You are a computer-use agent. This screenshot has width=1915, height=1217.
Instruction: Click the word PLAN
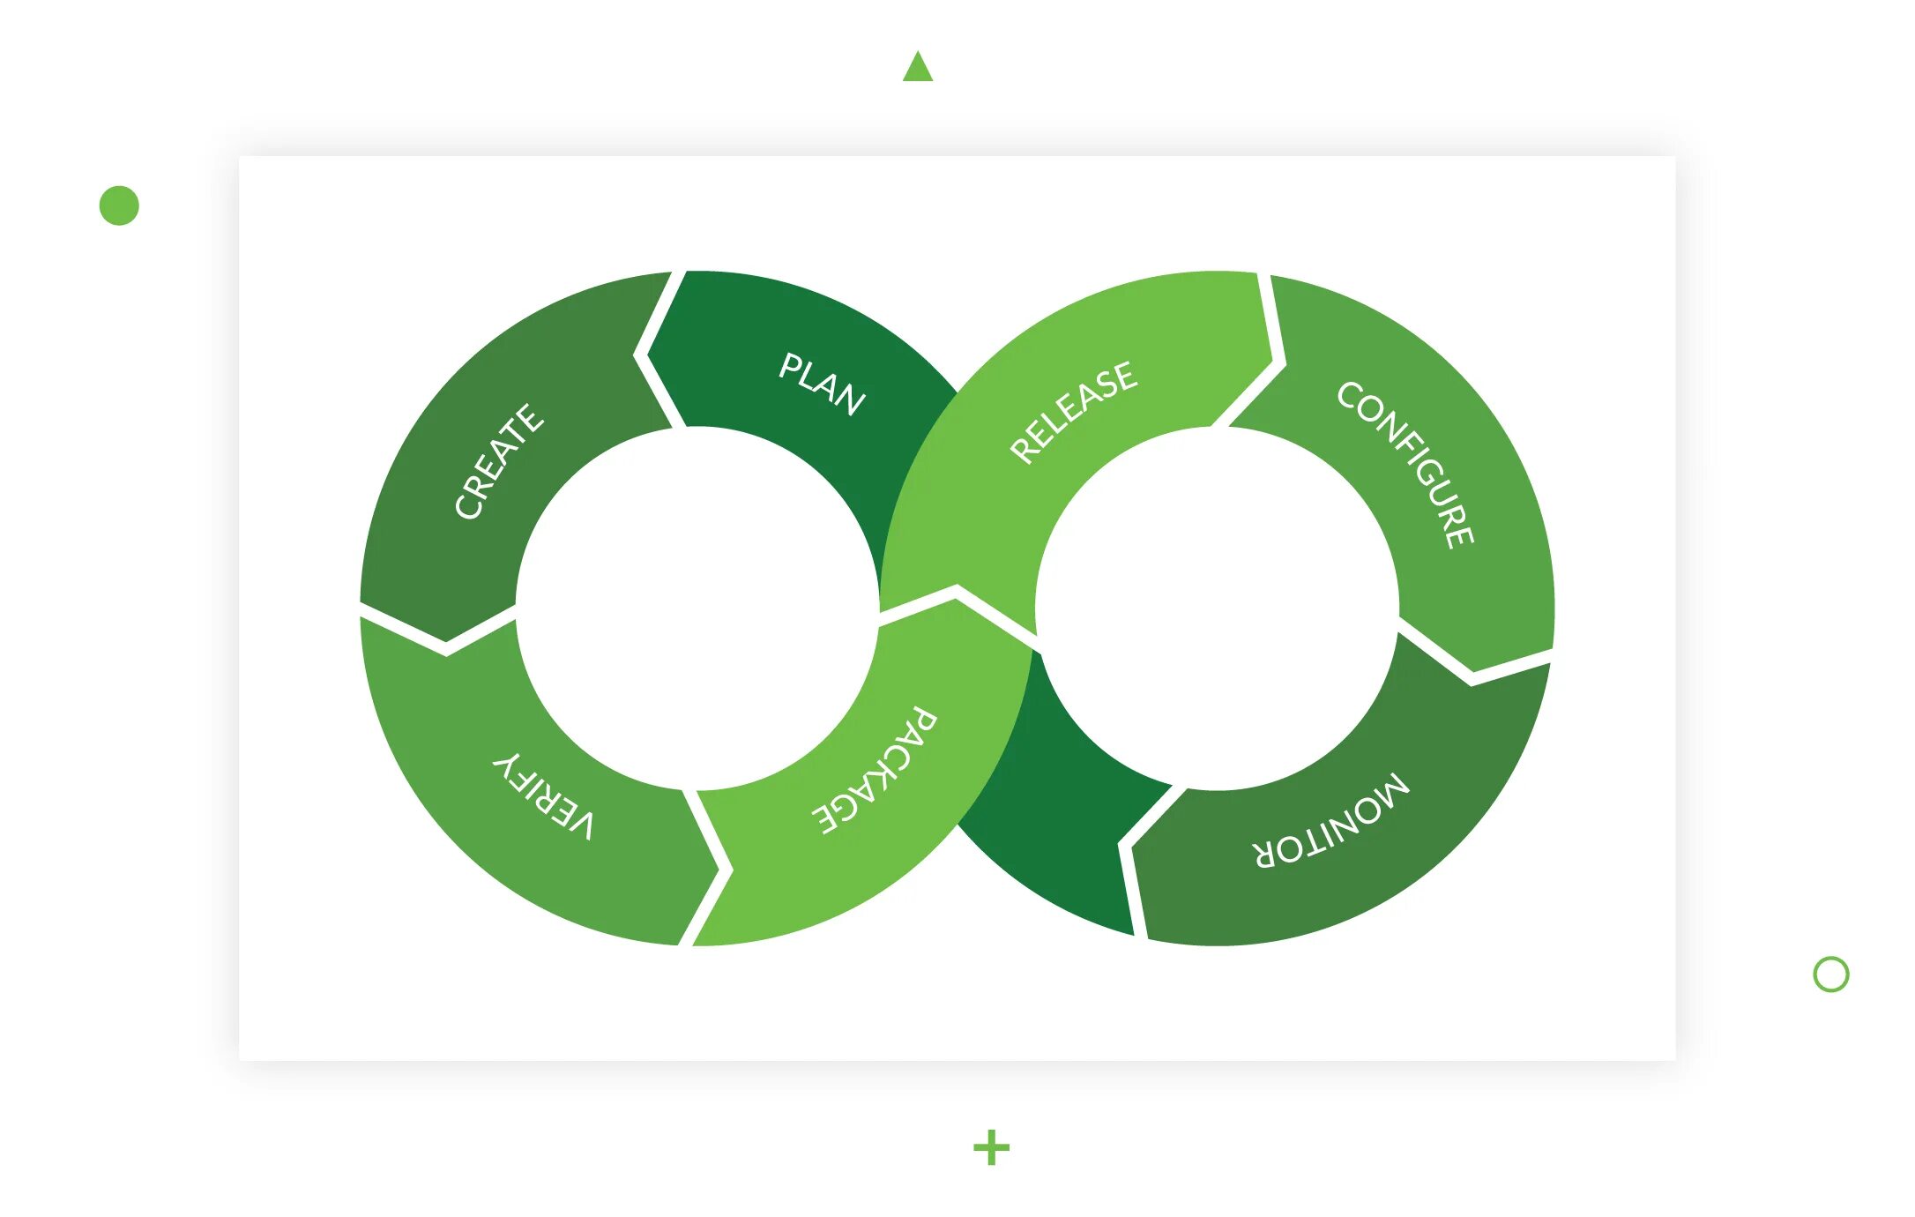pyautogui.click(x=822, y=384)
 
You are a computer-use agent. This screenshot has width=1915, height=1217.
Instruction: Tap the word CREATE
pyautogui.click(x=499, y=460)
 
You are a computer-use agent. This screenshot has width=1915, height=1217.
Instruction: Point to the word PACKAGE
pyautogui.click(x=874, y=770)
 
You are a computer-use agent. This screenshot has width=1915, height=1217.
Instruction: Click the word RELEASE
pyautogui.click(x=1073, y=411)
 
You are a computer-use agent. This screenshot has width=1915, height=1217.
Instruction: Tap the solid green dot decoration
pyautogui.click(x=119, y=205)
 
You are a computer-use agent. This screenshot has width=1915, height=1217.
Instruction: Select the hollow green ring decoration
pyautogui.click(x=1830, y=974)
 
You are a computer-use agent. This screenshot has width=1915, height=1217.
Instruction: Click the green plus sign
pyautogui.click(x=991, y=1147)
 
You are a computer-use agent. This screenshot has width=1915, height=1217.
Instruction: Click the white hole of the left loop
pyautogui.click(x=697, y=608)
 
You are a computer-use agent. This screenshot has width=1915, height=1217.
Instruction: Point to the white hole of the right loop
pyautogui.click(x=1217, y=608)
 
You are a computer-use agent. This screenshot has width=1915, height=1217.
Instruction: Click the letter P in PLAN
pyautogui.click(x=791, y=366)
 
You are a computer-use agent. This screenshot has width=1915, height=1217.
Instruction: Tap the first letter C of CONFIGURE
pyautogui.click(x=1349, y=395)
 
